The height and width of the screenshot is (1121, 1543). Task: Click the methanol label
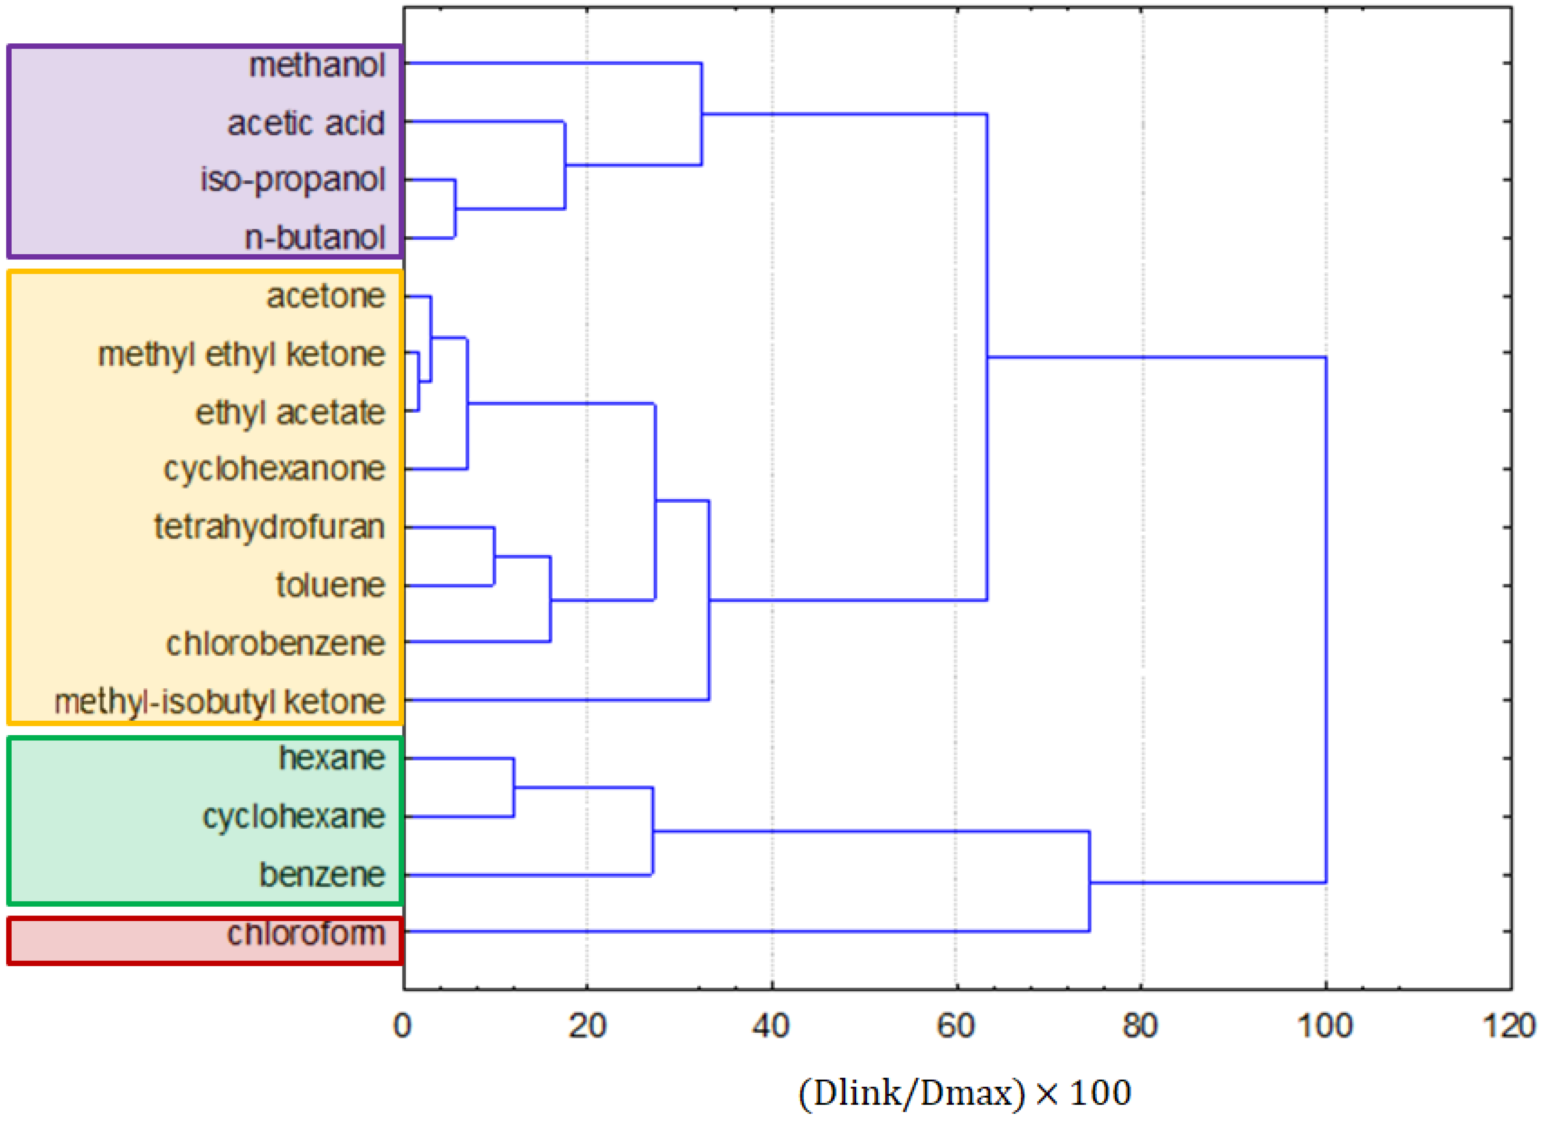(317, 66)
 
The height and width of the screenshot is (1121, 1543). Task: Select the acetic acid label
(306, 124)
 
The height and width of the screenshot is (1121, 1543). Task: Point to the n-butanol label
(315, 238)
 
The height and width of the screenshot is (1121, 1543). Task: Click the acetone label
(325, 297)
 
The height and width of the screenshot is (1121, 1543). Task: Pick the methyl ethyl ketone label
(241, 355)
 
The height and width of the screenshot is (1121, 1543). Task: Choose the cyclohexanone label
(274, 469)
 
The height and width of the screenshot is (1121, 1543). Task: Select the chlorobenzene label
(276, 644)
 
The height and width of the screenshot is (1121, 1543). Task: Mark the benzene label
(322, 875)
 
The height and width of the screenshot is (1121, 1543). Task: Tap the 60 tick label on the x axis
(956, 1026)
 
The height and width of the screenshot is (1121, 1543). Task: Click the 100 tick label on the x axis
(1325, 1026)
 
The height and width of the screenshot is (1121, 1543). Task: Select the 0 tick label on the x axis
(403, 1026)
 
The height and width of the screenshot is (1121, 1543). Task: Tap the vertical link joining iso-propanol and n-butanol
(455, 209)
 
